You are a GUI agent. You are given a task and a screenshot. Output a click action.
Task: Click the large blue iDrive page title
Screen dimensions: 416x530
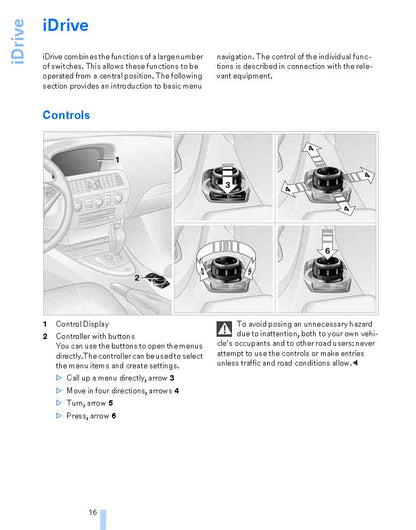(66, 25)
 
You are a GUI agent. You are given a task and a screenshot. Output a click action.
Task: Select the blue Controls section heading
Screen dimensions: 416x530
(66, 115)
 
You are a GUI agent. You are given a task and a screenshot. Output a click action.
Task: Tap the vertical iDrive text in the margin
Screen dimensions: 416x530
(17, 41)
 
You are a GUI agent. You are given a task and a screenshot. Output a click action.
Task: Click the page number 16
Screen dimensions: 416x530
(93, 512)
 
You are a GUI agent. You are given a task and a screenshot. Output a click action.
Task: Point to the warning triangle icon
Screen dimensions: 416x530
(224, 329)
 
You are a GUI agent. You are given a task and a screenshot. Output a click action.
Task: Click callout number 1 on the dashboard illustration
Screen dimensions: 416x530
(117, 160)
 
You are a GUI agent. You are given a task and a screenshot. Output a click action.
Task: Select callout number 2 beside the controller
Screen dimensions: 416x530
(137, 278)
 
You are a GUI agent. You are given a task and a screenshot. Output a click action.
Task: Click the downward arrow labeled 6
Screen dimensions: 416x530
(327, 245)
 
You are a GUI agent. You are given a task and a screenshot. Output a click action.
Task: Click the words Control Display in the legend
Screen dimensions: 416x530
(82, 324)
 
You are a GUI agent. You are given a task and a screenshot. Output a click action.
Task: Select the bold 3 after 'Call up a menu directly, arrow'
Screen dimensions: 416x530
(172, 378)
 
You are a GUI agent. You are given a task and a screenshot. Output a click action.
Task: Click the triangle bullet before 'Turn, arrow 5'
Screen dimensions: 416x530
(59, 403)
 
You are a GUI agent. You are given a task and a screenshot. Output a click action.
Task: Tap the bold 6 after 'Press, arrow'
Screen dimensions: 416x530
(114, 416)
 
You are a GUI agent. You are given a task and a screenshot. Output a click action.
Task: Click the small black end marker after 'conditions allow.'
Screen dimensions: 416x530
(355, 363)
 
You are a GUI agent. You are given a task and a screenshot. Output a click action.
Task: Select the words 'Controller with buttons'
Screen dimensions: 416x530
(95, 336)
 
